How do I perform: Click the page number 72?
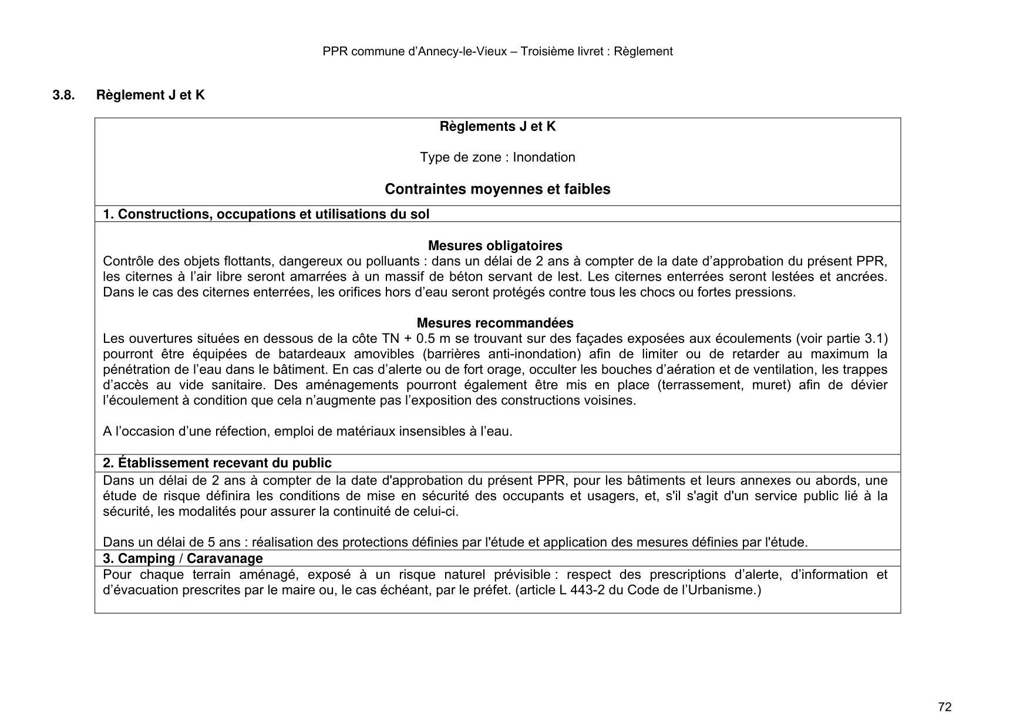coord(945,707)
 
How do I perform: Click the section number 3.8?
coord(63,95)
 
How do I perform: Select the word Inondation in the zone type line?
coord(544,157)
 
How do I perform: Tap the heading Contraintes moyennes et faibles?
coord(497,189)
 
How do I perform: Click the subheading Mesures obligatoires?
coord(494,245)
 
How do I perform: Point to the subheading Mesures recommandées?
coord(494,323)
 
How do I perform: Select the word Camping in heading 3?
coord(146,558)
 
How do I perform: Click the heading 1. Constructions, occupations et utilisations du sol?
coord(266,214)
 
